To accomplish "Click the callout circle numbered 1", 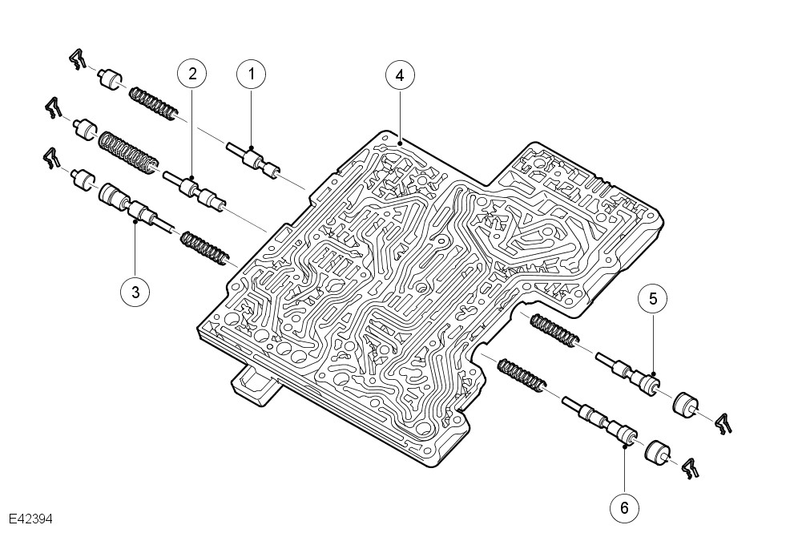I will [x=252, y=75].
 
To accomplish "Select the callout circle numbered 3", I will [x=135, y=292].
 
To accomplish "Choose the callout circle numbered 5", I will [x=653, y=299].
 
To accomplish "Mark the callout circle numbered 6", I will [x=624, y=507].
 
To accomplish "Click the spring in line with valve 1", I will [x=153, y=103].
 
